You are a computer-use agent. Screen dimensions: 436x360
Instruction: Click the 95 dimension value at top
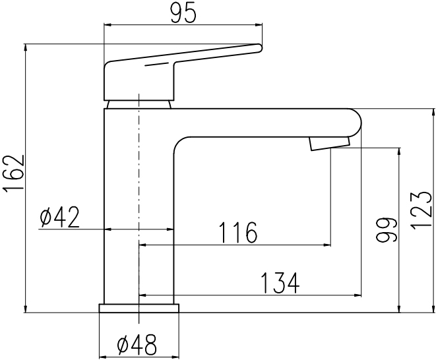click(183, 14)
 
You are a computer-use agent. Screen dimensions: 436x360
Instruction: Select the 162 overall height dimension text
click(13, 172)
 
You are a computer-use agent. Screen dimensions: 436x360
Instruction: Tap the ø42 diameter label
click(60, 218)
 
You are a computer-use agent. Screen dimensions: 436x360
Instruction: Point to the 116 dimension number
click(238, 232)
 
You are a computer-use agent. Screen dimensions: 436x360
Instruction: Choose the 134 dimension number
click(280, 283)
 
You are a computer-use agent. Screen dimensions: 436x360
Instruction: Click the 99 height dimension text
click(387, 230)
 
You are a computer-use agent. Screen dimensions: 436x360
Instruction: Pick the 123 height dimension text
click(421, 211)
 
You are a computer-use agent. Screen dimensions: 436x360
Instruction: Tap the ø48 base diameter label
click(137, 345)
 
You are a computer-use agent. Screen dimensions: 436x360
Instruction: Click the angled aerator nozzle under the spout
click(330, 144)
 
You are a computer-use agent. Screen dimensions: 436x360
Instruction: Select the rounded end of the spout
click(358, 123)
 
